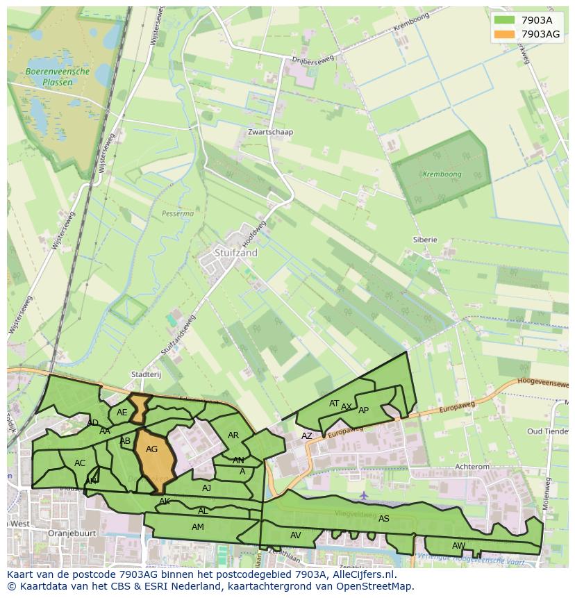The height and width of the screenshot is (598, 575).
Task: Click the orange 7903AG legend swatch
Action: coord(504,34)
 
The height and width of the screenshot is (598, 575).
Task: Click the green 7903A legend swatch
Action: coord(504,19)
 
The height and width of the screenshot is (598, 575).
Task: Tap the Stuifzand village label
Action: coord(236,254)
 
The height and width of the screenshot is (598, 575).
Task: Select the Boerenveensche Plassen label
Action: coord(57,76)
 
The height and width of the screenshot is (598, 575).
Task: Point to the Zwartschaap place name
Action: coord(270,132)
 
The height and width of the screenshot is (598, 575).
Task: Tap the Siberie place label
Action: coord(425,240)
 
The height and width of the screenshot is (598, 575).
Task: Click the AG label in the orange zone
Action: coord(151,449)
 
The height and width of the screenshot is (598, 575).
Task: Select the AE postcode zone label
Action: coord(122,412)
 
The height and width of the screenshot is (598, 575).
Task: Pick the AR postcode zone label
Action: coord(233,435)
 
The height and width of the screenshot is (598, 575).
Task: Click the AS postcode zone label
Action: coord(384,518)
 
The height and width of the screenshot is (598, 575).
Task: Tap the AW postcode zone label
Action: coord(458,545)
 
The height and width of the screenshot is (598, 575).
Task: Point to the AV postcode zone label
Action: coord(296,535)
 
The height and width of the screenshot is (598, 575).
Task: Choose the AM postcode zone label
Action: coord(198,527)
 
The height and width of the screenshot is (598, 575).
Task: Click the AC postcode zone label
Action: coord(80,463)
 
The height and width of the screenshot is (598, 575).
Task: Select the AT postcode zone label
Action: coord(334,404)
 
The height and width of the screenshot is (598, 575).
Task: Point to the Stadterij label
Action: coord(146,374)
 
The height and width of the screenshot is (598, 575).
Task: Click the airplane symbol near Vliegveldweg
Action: coord(364,495)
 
